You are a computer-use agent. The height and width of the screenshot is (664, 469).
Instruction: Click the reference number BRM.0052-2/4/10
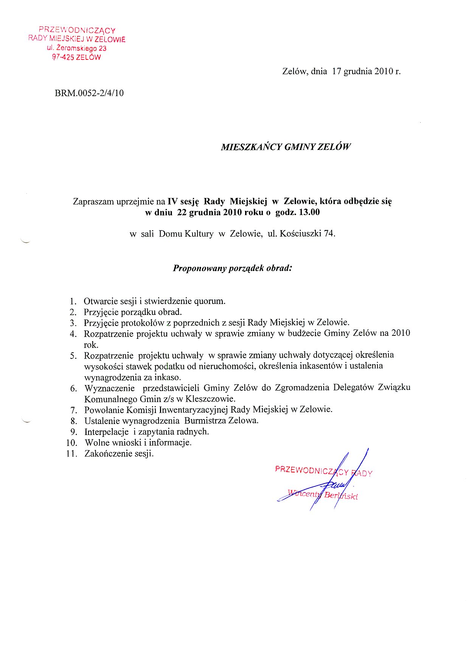coord(89,93)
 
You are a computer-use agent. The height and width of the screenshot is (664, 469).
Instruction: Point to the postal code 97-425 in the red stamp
coord(63,58)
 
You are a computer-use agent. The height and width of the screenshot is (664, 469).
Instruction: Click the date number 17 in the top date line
coord(337,71)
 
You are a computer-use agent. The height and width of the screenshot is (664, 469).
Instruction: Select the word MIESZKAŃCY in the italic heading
coord(251,147)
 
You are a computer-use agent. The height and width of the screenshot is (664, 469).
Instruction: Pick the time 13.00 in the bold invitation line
coord(309,212)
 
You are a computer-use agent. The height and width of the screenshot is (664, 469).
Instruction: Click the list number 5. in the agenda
coord(73,356)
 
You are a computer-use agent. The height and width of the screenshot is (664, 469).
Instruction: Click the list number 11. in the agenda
coord(71,454)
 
